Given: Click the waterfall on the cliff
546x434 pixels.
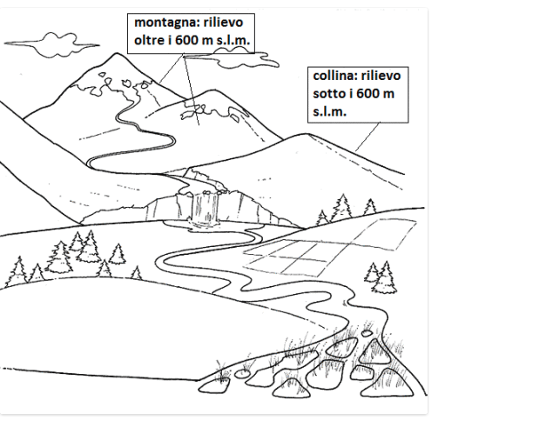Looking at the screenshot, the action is (x=206, y=207).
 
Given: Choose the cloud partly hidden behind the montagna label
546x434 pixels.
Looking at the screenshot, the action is (x=261, y=59).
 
